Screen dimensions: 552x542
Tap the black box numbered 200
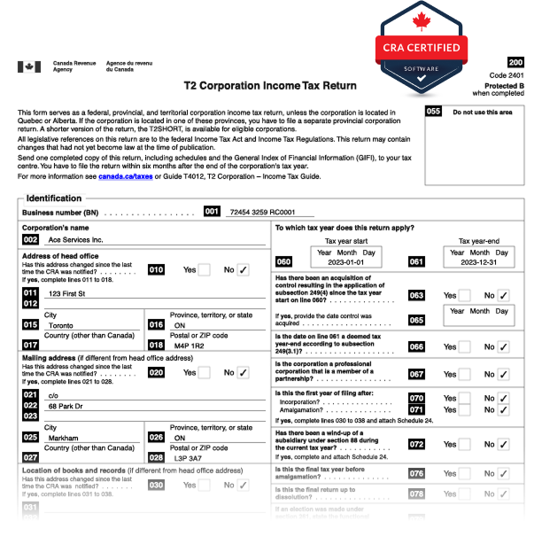(515, 62)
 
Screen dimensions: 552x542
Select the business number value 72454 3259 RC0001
(261, 213)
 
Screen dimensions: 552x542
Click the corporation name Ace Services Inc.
(75, 240)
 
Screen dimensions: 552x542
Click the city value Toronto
(64, 325)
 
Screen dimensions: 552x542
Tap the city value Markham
(64, 438)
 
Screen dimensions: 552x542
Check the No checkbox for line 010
(243, 270)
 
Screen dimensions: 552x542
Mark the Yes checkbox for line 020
(204, 373)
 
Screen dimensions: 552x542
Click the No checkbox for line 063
(503, 296)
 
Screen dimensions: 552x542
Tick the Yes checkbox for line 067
(464, 374)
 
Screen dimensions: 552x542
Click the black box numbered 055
(433, 112)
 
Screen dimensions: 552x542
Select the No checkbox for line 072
(503, 445)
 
